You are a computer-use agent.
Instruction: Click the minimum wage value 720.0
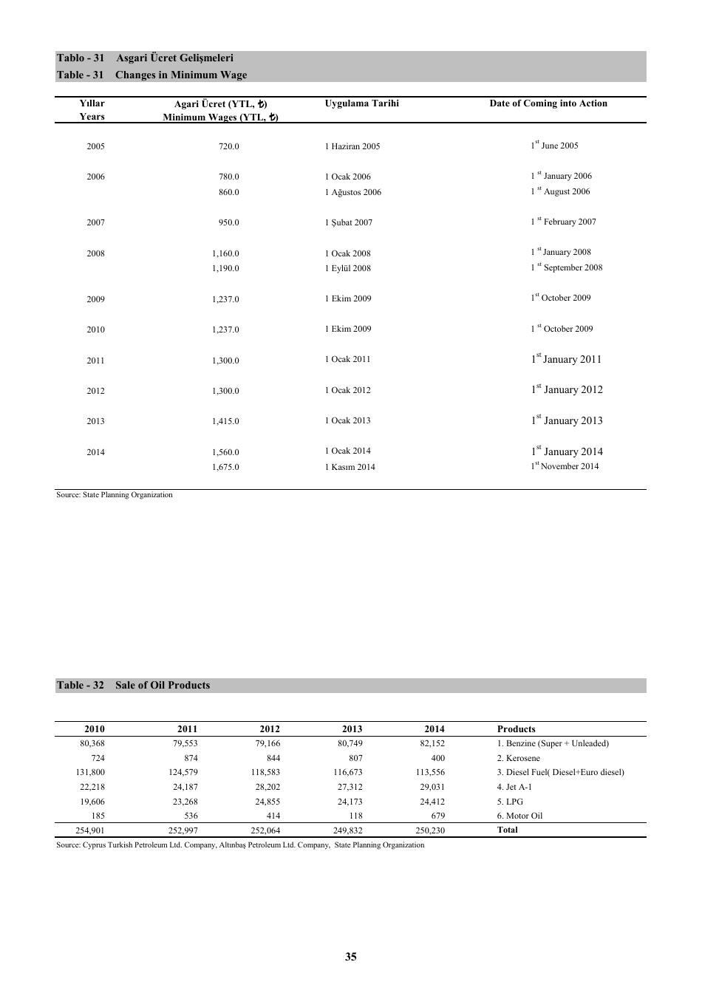click(x=228, y=146)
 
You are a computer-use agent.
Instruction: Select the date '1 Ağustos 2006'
click(x=352, y=192)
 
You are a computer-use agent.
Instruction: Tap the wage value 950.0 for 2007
click(x=228, y=222)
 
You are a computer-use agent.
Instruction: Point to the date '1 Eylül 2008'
click(x=347, y=268)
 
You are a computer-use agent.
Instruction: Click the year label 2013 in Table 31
click(x=95, y=421)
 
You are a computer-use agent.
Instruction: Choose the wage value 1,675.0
click(x=225, y=467)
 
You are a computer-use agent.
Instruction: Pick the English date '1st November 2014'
click(x=565, y=466)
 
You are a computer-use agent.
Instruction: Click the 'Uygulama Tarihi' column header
click(x=361, y=103)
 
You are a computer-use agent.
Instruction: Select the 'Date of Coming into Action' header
click(x=548, y=103)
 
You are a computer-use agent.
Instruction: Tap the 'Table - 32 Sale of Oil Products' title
click(x=133, y=685)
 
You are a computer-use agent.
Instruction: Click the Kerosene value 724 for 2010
click(x=98, y=758)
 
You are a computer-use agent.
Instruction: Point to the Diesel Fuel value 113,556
click(x=430, y=772)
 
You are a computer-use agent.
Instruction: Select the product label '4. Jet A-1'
click(x=514, y=787)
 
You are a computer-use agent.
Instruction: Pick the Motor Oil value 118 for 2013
click(x=355, y=816)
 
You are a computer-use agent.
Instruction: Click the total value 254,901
click(x=90, y=830)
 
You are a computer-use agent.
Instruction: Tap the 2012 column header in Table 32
click(x=270, y=729)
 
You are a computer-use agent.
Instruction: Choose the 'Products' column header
click(x=516, y=729)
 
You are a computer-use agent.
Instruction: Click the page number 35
click(x=350, y=957)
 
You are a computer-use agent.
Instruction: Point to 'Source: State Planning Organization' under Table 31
click(x=115, y=495)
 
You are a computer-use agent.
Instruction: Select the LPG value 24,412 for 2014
click(x=432, y=802)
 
